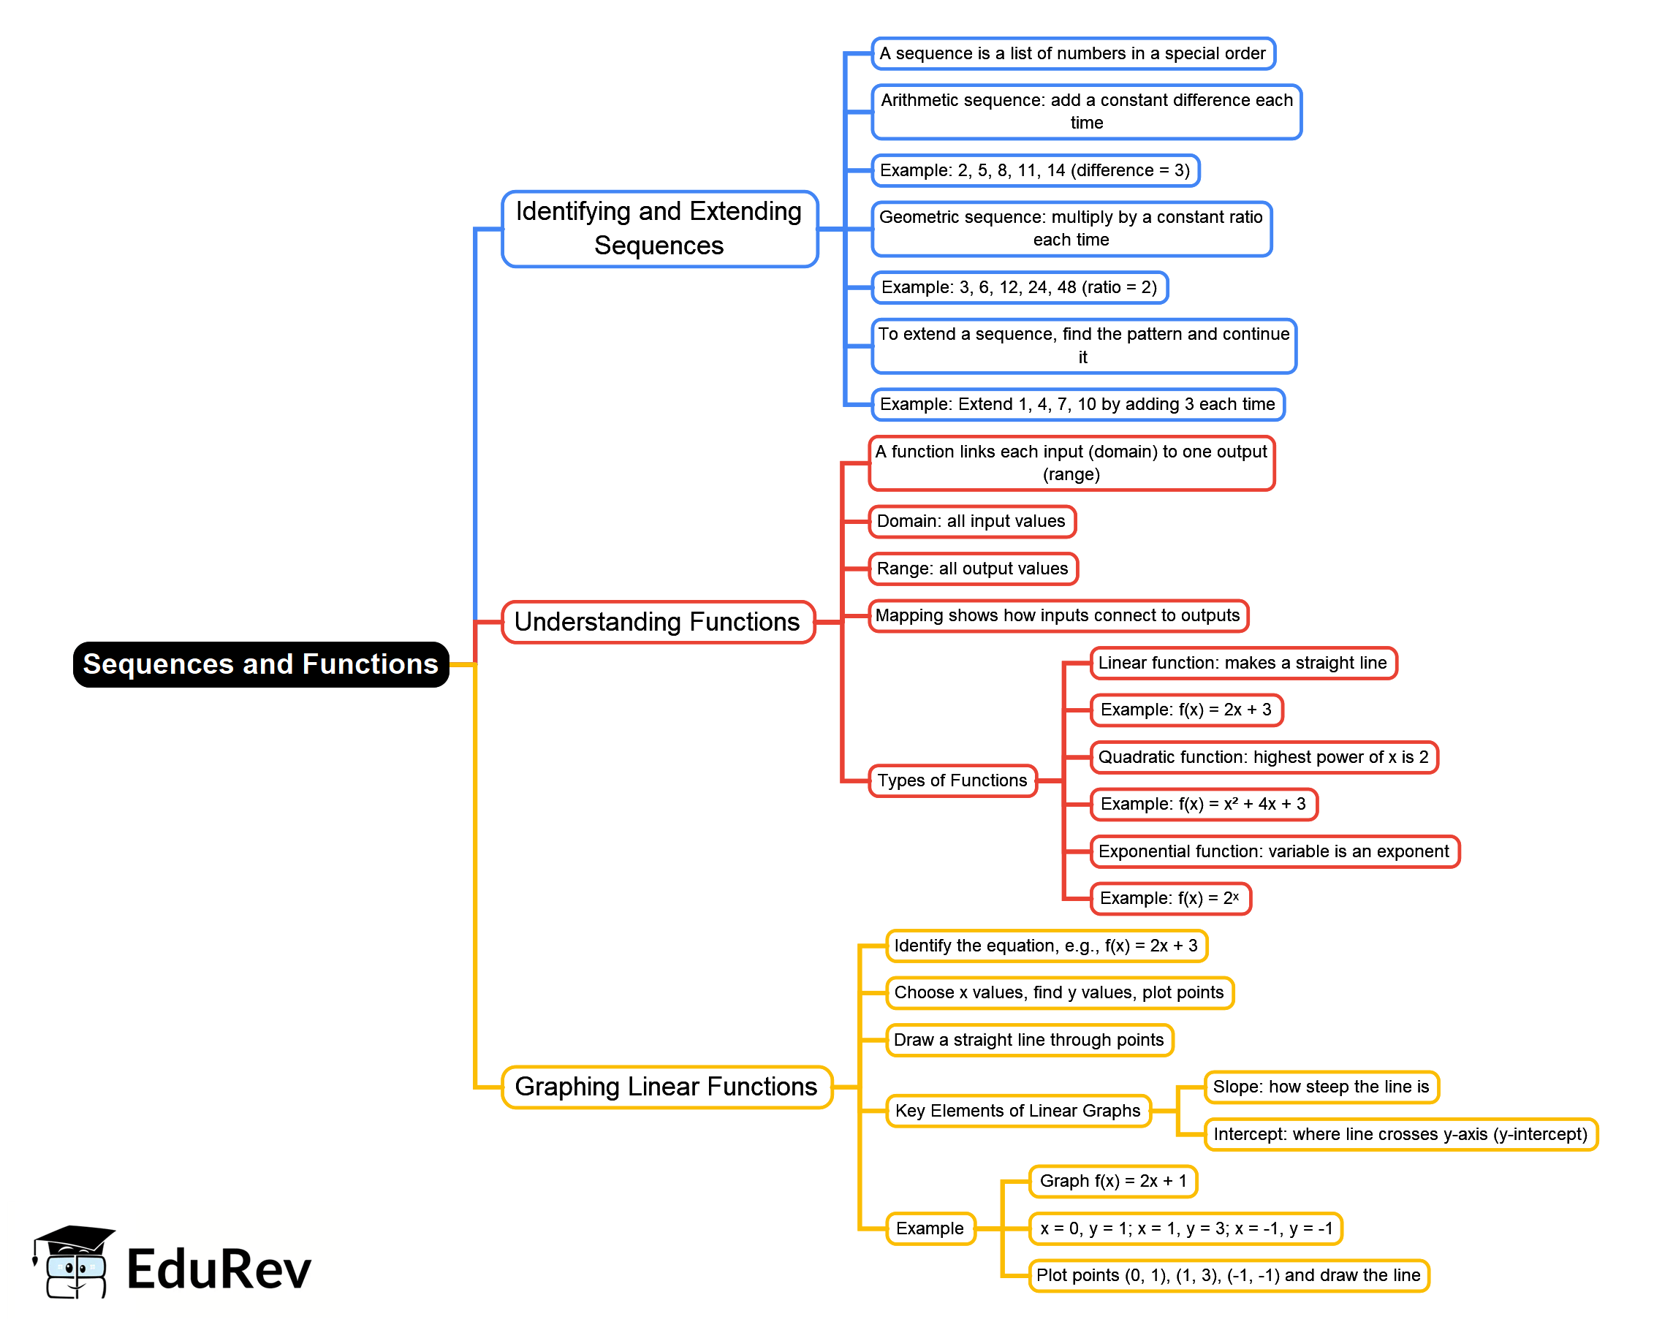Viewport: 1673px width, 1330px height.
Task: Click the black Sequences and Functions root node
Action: [x=261, y=664]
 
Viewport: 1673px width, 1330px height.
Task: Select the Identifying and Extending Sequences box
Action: [x=659, y=229]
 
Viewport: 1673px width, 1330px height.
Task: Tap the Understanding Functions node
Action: [x=657, y=623]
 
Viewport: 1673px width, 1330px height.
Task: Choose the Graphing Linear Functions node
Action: [x=666, y=1087]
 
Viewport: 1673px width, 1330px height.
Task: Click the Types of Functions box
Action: [x=952, y=780]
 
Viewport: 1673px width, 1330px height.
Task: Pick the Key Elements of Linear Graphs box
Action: [x=1017, y=1110]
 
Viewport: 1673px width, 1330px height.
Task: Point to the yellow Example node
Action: [x=930, y=1228]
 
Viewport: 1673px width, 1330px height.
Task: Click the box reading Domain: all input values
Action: [x=971, y=522]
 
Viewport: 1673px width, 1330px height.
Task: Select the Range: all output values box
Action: [x=972, y=569]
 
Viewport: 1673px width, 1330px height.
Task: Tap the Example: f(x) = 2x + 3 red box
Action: [x=1185, y=710]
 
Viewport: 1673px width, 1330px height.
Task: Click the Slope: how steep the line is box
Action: [x=1321, y=1087]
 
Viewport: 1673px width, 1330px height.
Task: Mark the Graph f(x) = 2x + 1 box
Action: [x=1112, y=1181]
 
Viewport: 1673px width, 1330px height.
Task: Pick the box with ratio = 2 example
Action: [x=1019, y=287]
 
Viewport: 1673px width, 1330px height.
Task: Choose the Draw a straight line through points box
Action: [x=1029, y=1040]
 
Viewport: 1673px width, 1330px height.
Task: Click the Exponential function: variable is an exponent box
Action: [x=1273, y=851]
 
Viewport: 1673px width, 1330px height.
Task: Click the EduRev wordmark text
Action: [x=219, y=1269]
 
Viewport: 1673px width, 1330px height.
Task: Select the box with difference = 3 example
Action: [x=1034, y=171]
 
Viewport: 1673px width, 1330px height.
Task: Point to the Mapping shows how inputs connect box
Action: [x=1058, y=615]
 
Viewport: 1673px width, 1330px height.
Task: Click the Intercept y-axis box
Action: [x=1400, y=1134]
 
